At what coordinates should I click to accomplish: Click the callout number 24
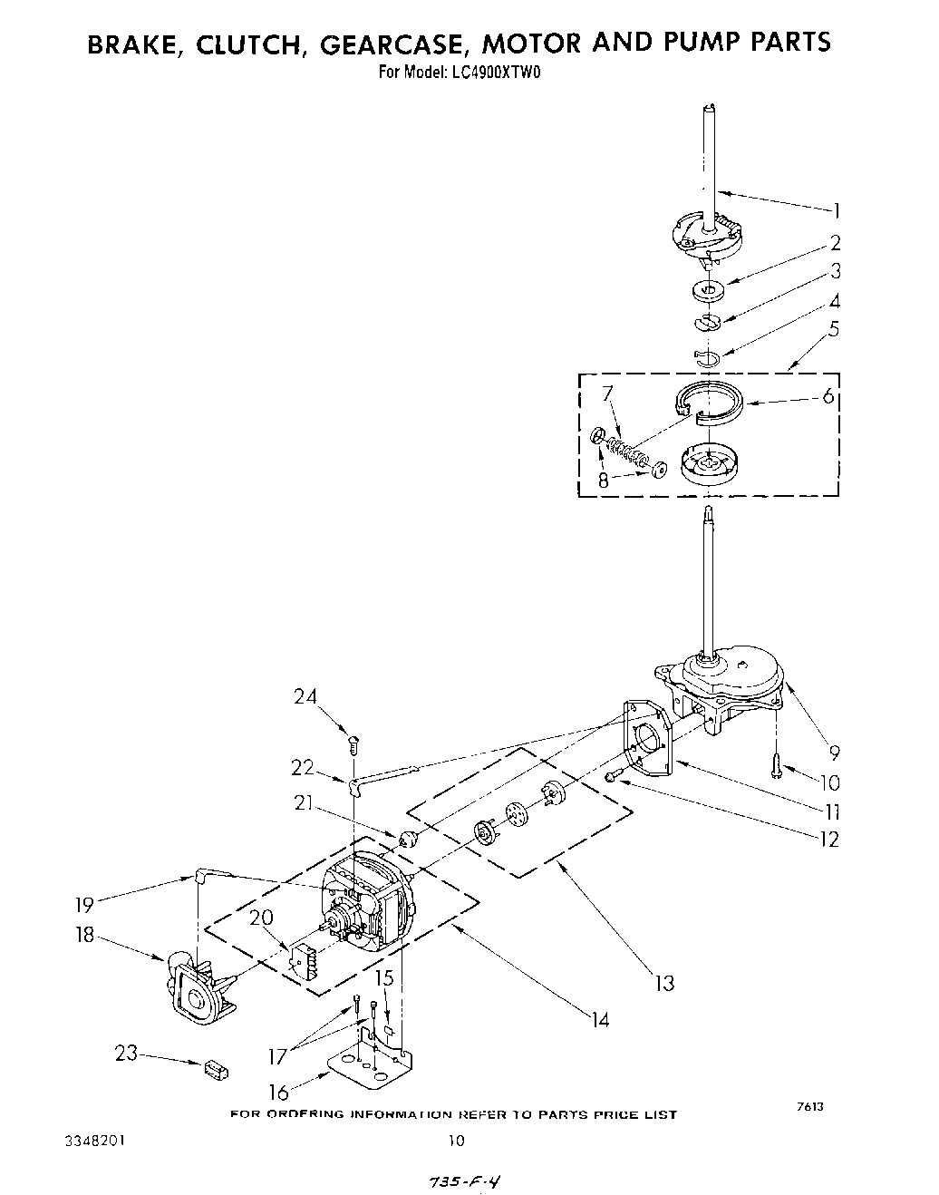pyautogui.click(x=305, y=696)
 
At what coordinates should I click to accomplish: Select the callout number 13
pyautogui.click(x=664, y=982)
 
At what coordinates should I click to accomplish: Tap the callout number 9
pyautogui.click(x=834, y=751)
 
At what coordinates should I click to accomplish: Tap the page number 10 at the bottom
pyautogui.click(x=456, y=1140)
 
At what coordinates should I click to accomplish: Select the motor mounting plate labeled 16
pyautogui.click(x=372, y=1063)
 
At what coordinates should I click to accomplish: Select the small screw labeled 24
pyautogui.click(x=354, y=743)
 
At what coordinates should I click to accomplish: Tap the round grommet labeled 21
pyautogui.click(x=407, y=836)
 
